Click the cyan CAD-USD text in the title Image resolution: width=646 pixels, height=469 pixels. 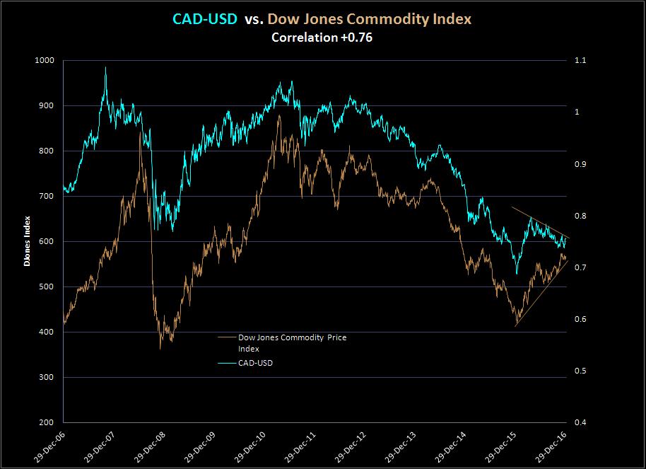click(205, 20)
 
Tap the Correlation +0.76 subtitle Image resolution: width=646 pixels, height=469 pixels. click(322, 37)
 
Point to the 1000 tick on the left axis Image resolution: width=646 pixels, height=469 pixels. click(44, 60)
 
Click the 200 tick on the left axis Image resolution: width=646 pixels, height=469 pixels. click(47, 422)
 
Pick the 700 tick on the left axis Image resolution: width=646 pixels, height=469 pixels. click(47, 196)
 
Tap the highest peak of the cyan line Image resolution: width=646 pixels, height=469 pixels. click(105, 68)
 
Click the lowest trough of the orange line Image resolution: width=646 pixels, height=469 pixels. click(160, 348)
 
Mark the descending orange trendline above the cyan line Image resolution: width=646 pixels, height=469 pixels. click(541, 222)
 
